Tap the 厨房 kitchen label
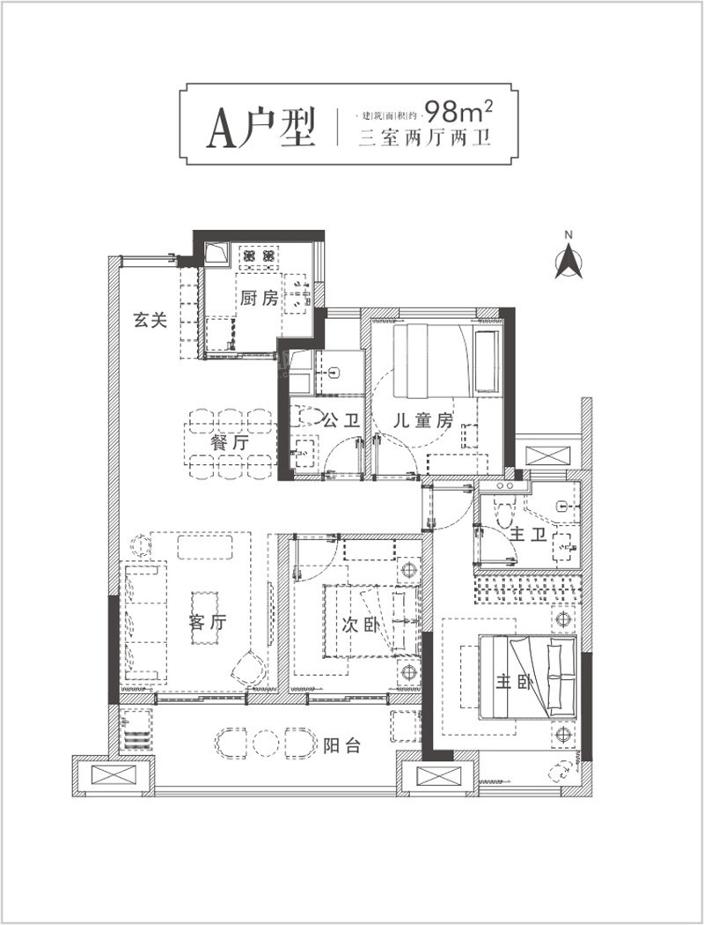(260, 298)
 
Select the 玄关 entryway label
(150, 321)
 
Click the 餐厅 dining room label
(230, 443)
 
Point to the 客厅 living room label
(208, 622)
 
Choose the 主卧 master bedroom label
(514, 682)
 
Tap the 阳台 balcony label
(341, 745)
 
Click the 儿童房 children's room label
(423, 420)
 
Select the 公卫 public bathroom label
(342, 420)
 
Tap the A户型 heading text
(261, 128)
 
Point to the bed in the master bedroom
(527, 677)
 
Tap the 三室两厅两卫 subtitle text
(425, 137)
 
